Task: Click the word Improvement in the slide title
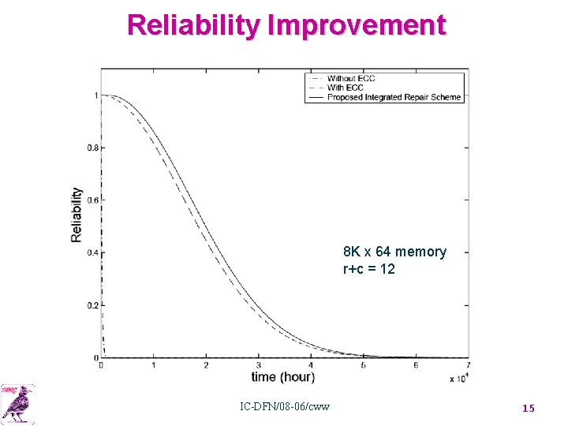tap(357, 25)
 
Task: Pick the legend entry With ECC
tap(346, 88)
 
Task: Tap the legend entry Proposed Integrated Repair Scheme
tap(394, 97)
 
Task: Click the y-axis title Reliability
tap(77, 215)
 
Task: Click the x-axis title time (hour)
tap(282, 377)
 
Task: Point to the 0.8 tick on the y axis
tap(93, 148)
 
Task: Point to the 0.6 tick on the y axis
tap(93, 200)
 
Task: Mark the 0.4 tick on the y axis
tap(93, 253)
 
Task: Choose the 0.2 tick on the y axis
tap(93, 305)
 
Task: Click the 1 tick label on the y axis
tap(95, 95)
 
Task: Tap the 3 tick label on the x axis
tap(258, 365)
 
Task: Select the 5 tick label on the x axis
tap(363, 365)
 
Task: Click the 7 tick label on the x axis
tap(468, 365)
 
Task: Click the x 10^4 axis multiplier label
tap(458, 379)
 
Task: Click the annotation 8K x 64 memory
tap(394, 252)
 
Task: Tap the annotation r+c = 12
tap(368, 269)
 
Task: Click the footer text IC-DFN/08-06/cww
tap(285, 407)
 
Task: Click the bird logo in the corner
tap(17, 403)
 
